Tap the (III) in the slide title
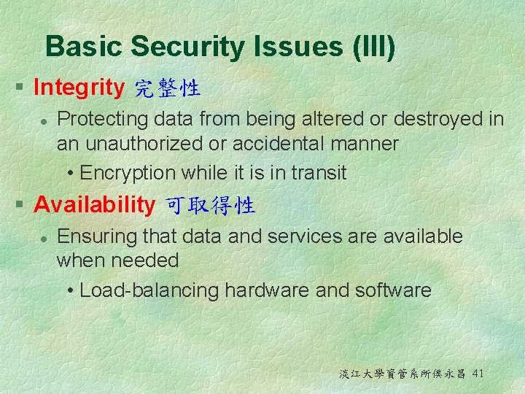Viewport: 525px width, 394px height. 373,47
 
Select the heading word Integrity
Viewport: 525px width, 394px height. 79,88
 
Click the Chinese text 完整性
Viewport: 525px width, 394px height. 168,89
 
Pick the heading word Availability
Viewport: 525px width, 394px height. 94,205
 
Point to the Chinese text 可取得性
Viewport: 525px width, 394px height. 211,206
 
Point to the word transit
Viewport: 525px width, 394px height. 319,173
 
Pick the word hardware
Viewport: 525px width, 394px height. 267,290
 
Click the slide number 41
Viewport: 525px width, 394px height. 478,374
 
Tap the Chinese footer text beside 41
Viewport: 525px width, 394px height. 402,374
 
